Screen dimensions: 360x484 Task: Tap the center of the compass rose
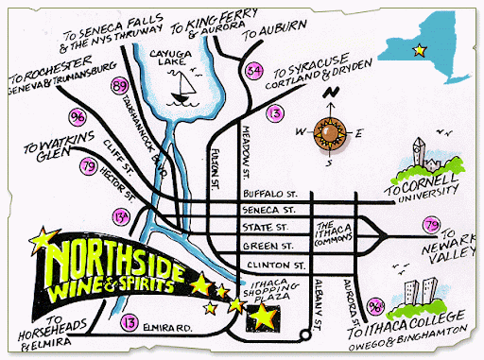point(332,130)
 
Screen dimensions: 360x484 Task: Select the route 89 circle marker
point(119,87)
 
